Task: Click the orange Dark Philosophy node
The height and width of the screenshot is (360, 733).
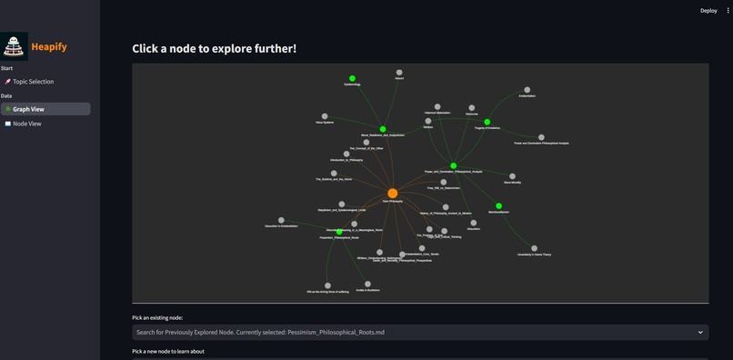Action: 392,193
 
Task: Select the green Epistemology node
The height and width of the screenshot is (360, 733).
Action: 352,78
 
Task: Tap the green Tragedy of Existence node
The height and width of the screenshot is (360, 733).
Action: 487,122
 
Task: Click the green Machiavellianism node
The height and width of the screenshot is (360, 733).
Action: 498,205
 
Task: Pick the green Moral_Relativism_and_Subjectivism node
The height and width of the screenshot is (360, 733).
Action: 383,129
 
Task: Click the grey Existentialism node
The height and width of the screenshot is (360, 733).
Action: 527,90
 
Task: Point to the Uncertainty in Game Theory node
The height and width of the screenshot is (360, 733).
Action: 534,248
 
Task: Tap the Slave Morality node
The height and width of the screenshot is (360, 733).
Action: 512,176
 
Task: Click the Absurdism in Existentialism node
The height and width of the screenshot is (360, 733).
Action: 281,220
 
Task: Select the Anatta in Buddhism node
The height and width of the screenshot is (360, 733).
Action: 367,284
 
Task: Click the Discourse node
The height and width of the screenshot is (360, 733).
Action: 471,108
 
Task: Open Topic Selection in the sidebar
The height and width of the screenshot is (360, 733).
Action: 33,82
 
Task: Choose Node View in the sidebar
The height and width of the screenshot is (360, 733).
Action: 26,124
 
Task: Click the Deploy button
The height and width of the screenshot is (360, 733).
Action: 708,11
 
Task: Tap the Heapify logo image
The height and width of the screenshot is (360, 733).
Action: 15,46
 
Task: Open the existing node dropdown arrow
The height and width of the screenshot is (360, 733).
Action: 700,333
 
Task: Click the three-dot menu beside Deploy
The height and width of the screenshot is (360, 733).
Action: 728,11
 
